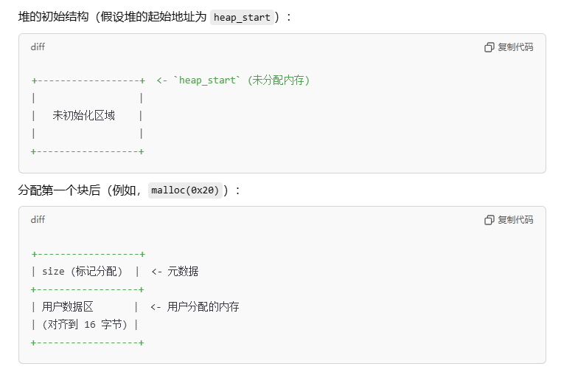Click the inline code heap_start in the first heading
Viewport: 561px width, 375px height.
point(242,17)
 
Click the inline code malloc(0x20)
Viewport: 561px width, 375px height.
point(185,190)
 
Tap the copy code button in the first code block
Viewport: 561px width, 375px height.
point(509,47)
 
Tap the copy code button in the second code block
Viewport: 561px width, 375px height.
point(509,220)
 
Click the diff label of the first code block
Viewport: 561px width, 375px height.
point(38,47)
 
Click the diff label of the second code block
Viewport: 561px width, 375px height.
point(38,220)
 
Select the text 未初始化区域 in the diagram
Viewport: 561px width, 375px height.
point(84,116)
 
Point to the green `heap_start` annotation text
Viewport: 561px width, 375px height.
point(207,80)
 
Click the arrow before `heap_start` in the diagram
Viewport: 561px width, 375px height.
point(161,80)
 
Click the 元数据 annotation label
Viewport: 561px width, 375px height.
point(183,272)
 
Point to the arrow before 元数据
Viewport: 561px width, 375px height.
point(156,272)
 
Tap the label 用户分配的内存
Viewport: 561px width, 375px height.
point(203,307)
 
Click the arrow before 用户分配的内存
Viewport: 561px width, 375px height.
point(156,307)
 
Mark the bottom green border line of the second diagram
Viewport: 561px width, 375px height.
point(88,343)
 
